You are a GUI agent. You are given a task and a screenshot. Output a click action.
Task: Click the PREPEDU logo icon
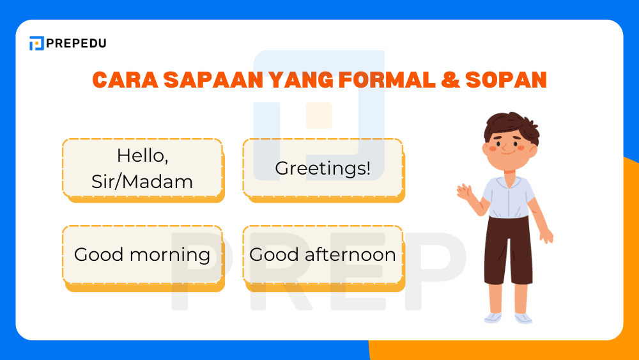36,43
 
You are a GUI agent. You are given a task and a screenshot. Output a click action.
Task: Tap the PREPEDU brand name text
76,43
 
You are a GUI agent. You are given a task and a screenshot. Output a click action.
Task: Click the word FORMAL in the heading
370,80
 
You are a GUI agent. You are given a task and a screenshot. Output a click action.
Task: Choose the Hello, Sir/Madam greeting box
142,168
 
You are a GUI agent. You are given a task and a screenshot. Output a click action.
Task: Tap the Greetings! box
323,168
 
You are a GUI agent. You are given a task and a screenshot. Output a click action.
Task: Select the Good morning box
142,254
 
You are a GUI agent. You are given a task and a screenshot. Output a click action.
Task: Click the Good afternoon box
323,254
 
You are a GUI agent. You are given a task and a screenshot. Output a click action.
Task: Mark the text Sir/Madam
142,182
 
